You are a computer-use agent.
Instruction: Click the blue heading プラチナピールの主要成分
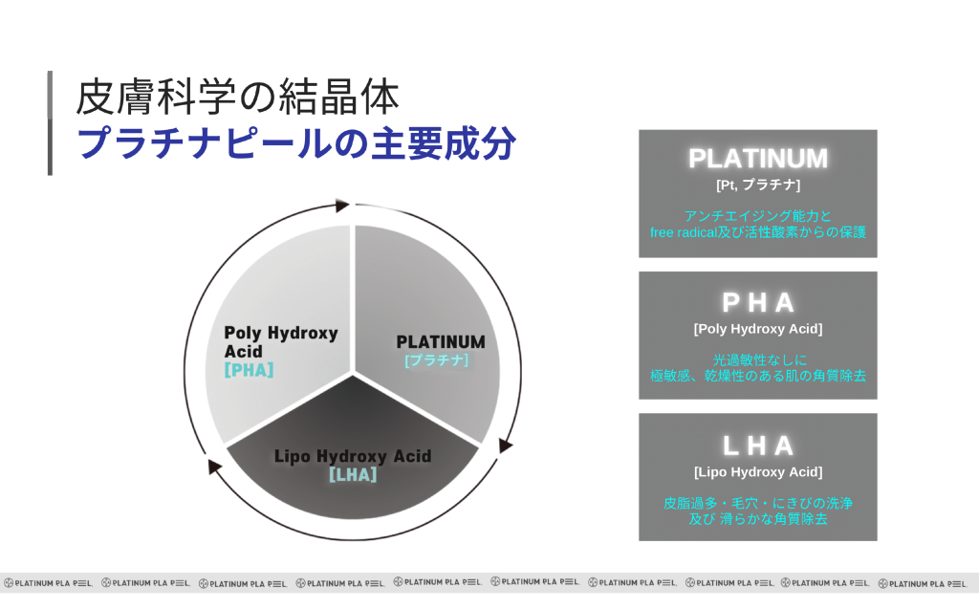[x=296, y=144]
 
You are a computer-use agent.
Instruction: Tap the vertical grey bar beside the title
[x=50, y=122]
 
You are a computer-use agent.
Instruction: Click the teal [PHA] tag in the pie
[x=249, y=370]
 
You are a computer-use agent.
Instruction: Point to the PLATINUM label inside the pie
[x=440, y=342]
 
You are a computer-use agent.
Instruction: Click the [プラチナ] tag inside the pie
[x=437, y=360]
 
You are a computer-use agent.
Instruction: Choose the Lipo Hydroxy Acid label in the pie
[x=352, y=456]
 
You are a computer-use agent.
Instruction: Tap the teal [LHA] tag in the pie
[x=352, y=474]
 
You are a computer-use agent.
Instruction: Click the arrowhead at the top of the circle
[x=342, y=205]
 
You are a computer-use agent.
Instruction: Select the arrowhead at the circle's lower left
[x=215, y=468]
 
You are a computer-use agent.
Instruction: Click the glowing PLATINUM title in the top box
[x=758, y=159]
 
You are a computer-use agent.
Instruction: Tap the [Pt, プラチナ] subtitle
[x=758, y=184]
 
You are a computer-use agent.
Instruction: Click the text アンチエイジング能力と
[x=758, y=216]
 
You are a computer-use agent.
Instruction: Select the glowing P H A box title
[x=758, y=303]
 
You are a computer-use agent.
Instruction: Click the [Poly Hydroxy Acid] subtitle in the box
[x=758, y=329]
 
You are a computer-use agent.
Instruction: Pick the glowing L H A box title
[x=758, y=446]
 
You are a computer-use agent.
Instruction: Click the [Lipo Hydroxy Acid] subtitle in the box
[x=758, y=471]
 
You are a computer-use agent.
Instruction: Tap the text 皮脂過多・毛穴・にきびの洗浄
[x=758, y=503]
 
